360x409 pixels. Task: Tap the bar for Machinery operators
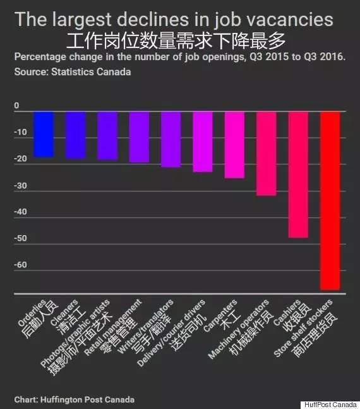click(x=267, y=153)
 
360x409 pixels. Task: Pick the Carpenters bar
click(x=235, y=144)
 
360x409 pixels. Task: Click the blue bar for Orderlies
click(x=44, y=133)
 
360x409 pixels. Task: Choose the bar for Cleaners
click(x=75, y=134)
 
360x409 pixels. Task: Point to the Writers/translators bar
click(x=171, y=139)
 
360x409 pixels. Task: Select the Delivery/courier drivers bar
click(x=203, y=141)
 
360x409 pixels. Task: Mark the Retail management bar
click(x=139, y=137)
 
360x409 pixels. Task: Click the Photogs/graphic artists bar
click(x=107, y=135)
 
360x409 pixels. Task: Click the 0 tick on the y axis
click(x=17, y=106)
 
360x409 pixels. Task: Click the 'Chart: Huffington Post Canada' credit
click(x=75, y=400)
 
